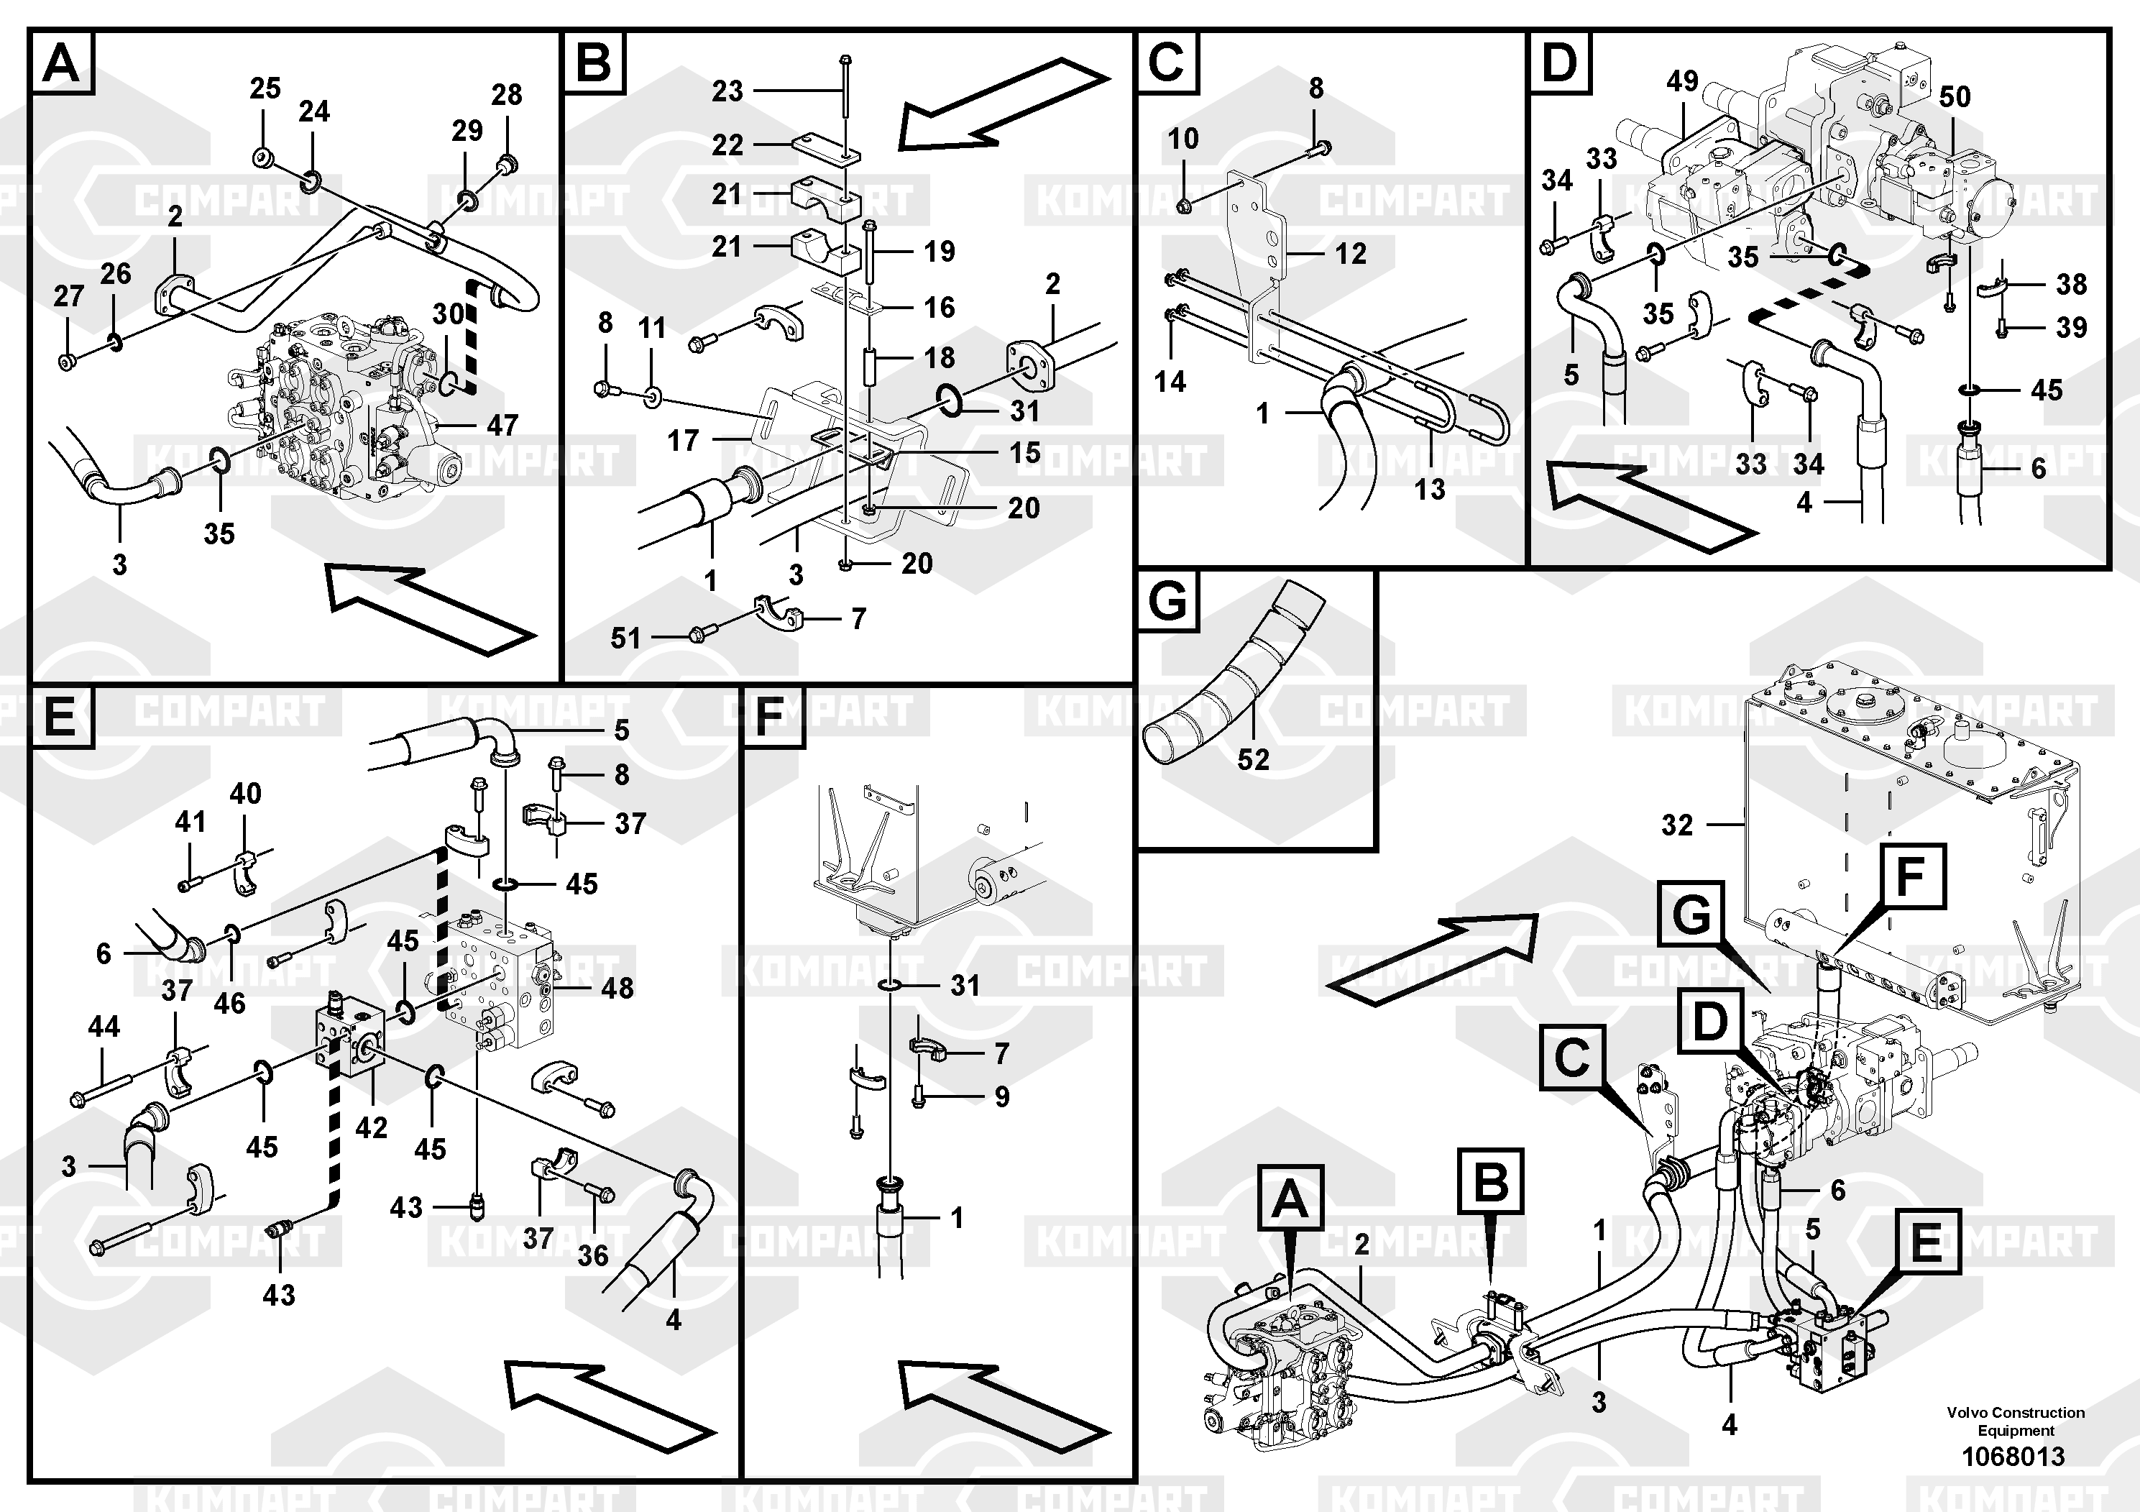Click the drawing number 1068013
[2013, 1456]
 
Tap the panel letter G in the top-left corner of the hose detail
[1167, 600]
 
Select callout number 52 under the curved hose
[1253, 760]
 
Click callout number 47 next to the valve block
[502, 426]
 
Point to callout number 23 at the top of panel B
[727, 91]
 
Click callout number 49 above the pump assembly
[1682, 81]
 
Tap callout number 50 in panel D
[1954, 97]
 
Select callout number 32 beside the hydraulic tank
[1677, 825]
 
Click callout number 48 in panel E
[617, 988]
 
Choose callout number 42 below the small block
[371, 1128]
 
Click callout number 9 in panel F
[1001, 1096]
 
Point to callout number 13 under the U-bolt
[1430, 488]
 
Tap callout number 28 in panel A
[506, 94]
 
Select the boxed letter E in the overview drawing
[1926, 1242]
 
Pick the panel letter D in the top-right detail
[1559, 63]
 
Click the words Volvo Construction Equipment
[2015, 1421]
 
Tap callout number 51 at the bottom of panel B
[625, 638]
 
